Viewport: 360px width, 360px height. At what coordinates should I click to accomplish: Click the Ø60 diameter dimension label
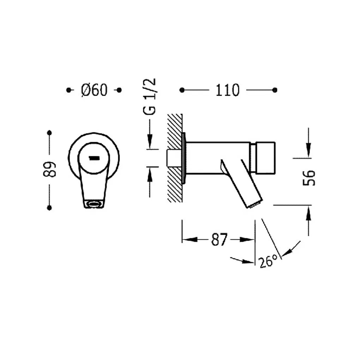94,90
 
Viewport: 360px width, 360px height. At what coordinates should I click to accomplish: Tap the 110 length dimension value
227,90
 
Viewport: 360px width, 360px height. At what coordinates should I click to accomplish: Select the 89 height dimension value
49,169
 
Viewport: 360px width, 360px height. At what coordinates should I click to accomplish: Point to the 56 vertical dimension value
309,178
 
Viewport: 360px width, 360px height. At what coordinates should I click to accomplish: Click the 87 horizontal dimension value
219,239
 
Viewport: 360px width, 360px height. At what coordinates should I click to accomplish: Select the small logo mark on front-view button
94,158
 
